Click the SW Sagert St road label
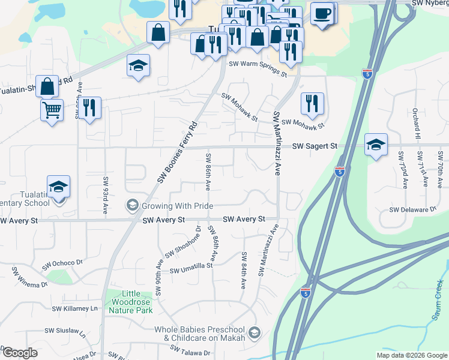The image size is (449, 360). [x=315, y=146]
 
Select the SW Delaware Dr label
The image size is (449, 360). [x=413, y=209]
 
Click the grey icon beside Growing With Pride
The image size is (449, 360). [x=131, y=206]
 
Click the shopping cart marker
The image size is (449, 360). [x=52, y=110]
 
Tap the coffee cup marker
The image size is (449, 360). [x=322, y=13]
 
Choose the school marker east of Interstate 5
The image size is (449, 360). [x=376, y=145]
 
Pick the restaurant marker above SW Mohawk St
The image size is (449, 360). [x=312, y=103]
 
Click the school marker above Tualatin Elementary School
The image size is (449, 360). [x=59, y=187]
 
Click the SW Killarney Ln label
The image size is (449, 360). [x=75, y=308]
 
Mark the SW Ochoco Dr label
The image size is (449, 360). [x=62, y=264]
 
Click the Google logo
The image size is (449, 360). [x=20, y=353]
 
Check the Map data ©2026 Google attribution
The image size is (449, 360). [x=411, y=355]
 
